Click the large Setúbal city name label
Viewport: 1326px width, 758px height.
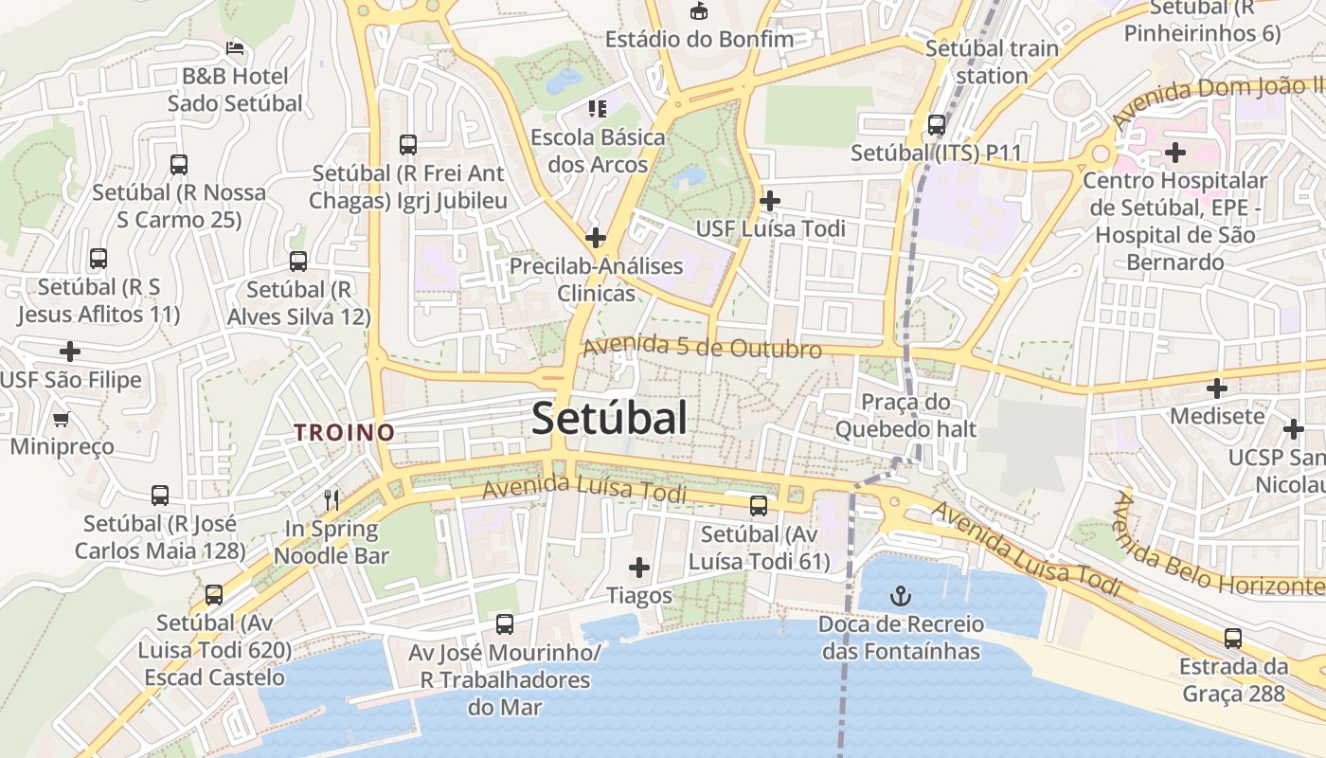609,418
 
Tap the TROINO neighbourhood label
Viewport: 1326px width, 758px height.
344,432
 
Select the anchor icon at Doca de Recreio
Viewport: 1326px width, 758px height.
901,596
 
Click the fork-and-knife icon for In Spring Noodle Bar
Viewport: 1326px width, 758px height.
331,499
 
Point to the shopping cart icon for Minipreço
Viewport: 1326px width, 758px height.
62,418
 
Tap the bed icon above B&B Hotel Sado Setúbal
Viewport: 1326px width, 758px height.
235,47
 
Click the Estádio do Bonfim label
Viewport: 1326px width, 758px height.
699,39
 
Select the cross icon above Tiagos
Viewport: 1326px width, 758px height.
639,568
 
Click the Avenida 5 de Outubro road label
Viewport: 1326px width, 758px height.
702,347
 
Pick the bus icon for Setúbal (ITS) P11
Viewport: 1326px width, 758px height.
937,124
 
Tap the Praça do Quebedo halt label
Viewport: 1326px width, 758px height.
905,416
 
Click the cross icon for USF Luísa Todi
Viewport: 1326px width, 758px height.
770,201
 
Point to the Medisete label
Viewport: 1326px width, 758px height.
1217,416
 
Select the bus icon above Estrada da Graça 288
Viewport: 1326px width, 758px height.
1232,638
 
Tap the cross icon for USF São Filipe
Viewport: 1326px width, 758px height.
70,352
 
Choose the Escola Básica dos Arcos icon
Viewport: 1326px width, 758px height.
597,109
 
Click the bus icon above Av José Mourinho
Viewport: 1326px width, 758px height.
505,624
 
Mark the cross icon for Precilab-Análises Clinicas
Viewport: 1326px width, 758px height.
596,237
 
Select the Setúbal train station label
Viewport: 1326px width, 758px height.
992,62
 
